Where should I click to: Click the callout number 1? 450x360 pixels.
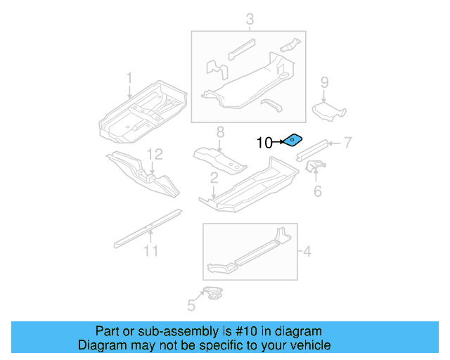129,77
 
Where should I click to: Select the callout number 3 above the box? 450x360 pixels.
249,21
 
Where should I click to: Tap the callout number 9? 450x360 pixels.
324,82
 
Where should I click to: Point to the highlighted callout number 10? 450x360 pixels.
264,143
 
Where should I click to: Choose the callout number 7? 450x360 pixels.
347,143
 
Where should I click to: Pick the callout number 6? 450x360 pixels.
317,191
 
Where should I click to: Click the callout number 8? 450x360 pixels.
219,131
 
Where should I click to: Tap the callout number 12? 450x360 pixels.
155,153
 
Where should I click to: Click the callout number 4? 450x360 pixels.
307,250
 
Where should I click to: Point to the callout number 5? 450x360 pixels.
191,304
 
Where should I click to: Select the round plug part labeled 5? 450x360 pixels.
213,292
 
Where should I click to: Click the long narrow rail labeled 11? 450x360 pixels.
148,226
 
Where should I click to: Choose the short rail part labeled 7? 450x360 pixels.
311,148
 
